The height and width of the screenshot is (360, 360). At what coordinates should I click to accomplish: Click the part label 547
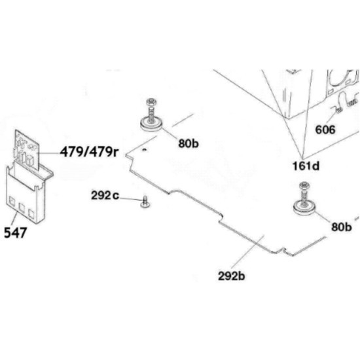coord(16,232)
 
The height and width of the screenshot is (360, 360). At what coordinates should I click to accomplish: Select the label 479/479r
coord(90,152)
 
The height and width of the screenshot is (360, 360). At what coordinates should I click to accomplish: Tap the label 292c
coord(105,196)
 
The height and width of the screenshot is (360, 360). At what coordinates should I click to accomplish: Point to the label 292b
coord(232,276)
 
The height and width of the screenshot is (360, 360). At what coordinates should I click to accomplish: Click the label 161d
coord(306,166)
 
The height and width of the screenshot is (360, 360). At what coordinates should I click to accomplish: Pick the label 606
coord(325,130)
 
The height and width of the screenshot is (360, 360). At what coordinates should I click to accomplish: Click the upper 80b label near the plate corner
coord(189,143)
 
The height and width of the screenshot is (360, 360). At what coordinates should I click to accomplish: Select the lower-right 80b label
coord(342,227)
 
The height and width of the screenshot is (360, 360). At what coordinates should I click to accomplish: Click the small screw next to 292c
coord(145,202)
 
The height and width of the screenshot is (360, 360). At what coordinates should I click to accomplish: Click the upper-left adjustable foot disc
coord(151,124)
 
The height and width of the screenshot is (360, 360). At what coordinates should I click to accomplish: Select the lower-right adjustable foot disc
coord(304,207)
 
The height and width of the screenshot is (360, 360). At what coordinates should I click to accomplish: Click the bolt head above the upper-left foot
coord(151,101)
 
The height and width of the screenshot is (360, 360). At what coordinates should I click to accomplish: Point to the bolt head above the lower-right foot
coord(304,185)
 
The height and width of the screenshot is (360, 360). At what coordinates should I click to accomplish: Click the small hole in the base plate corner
coord(144,150)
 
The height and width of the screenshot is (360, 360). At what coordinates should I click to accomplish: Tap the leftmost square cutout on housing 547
coord(10,201)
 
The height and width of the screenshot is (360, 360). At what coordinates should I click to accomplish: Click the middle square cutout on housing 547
coord(22,207)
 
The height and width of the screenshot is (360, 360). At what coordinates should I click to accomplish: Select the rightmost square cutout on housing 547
coord(31,213)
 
